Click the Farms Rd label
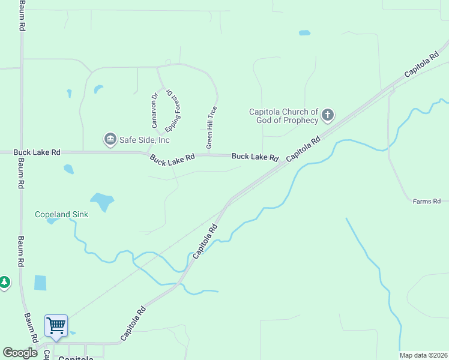point(427,202)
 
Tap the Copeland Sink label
point(62,214)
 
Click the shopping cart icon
point(56,326)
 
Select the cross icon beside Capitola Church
point(328,114)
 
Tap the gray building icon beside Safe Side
point(110,140)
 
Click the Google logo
point(20,353)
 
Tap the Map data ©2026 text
point(423,355)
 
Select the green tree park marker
point(4,282)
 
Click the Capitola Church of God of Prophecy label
point(284,116)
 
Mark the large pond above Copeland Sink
point(102,202)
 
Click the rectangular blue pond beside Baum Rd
point(40,282)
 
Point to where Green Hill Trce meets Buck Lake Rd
point(208,155)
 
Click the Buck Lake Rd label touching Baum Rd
point(37,153)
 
